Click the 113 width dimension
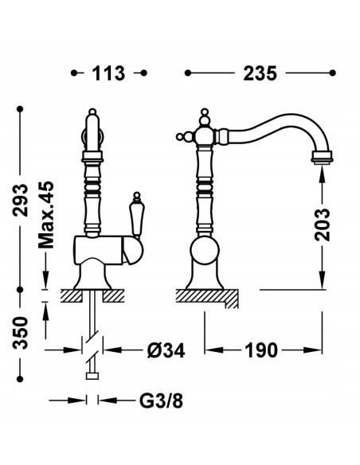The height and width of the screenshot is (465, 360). (x=108, y=73)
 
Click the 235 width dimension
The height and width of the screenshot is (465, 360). (x=260, y=73)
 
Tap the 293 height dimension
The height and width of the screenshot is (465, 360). (x=21, y=200)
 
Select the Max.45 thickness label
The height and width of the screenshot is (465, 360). (x=46, y=215)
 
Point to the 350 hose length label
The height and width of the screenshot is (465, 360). (x=21, y=333)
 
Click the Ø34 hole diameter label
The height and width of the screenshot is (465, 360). (x=166, y=350)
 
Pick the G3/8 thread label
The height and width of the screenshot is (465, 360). (x=161, y=401)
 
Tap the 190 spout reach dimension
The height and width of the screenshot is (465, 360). (x=261, y=350)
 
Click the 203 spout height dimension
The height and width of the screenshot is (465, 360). (x=323, y=225)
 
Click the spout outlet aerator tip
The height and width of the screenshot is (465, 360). (x=322, y=157)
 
